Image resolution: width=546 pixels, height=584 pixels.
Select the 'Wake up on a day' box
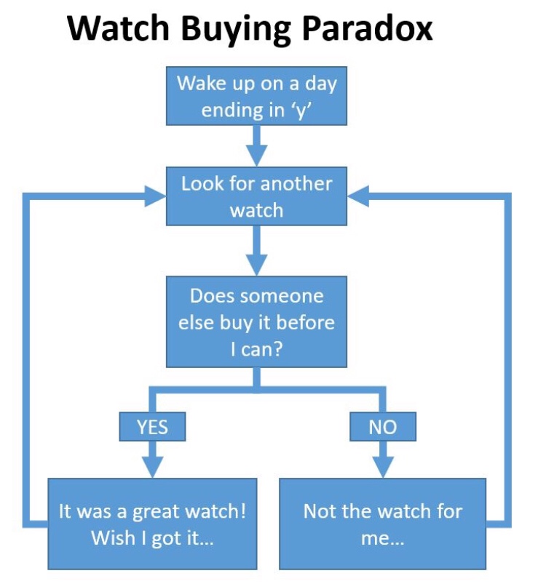[x=257, y=96]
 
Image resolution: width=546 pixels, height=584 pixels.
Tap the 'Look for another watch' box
[x=257, y=196]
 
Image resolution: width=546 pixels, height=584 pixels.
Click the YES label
[x=153, y=427]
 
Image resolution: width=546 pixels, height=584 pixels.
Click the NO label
[x=382, y=427]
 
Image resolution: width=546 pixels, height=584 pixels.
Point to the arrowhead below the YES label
[x=153, y=466]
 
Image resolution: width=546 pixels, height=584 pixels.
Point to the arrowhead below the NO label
[x=382, y=466]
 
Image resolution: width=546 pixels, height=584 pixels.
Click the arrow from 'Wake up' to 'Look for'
[x=257, y=145]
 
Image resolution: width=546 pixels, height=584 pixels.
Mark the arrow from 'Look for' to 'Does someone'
[x=257, y=251]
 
